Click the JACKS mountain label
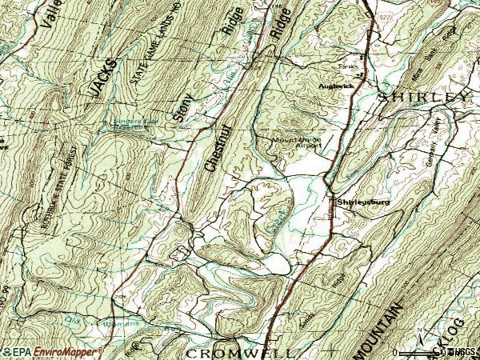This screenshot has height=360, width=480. tap(103, 78)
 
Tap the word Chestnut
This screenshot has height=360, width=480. tap(212, 146)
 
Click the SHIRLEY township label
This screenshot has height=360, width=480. tap(422, 96)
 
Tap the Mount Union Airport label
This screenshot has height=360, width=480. tap(298, 142)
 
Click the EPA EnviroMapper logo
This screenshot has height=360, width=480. tap(52, 351)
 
